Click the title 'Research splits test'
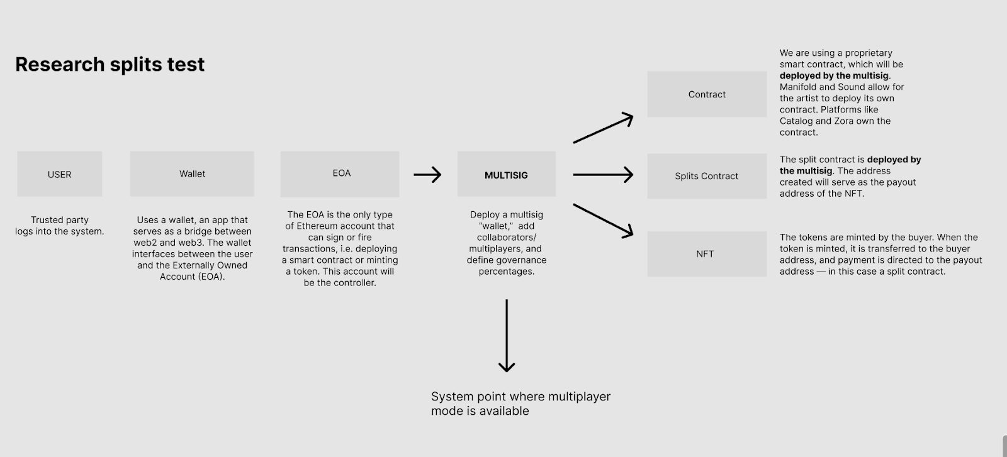110,64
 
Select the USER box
60,174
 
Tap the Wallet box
192,174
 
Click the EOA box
340,173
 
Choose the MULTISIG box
506,175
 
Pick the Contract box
707,94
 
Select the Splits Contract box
707,176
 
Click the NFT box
707,254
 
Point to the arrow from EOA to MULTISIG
427,175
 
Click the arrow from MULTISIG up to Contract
602,128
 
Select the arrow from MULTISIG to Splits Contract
602,175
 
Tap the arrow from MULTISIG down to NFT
602,220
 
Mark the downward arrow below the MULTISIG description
507,336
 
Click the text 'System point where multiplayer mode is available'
520,404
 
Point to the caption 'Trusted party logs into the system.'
60,226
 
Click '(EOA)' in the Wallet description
211,277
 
